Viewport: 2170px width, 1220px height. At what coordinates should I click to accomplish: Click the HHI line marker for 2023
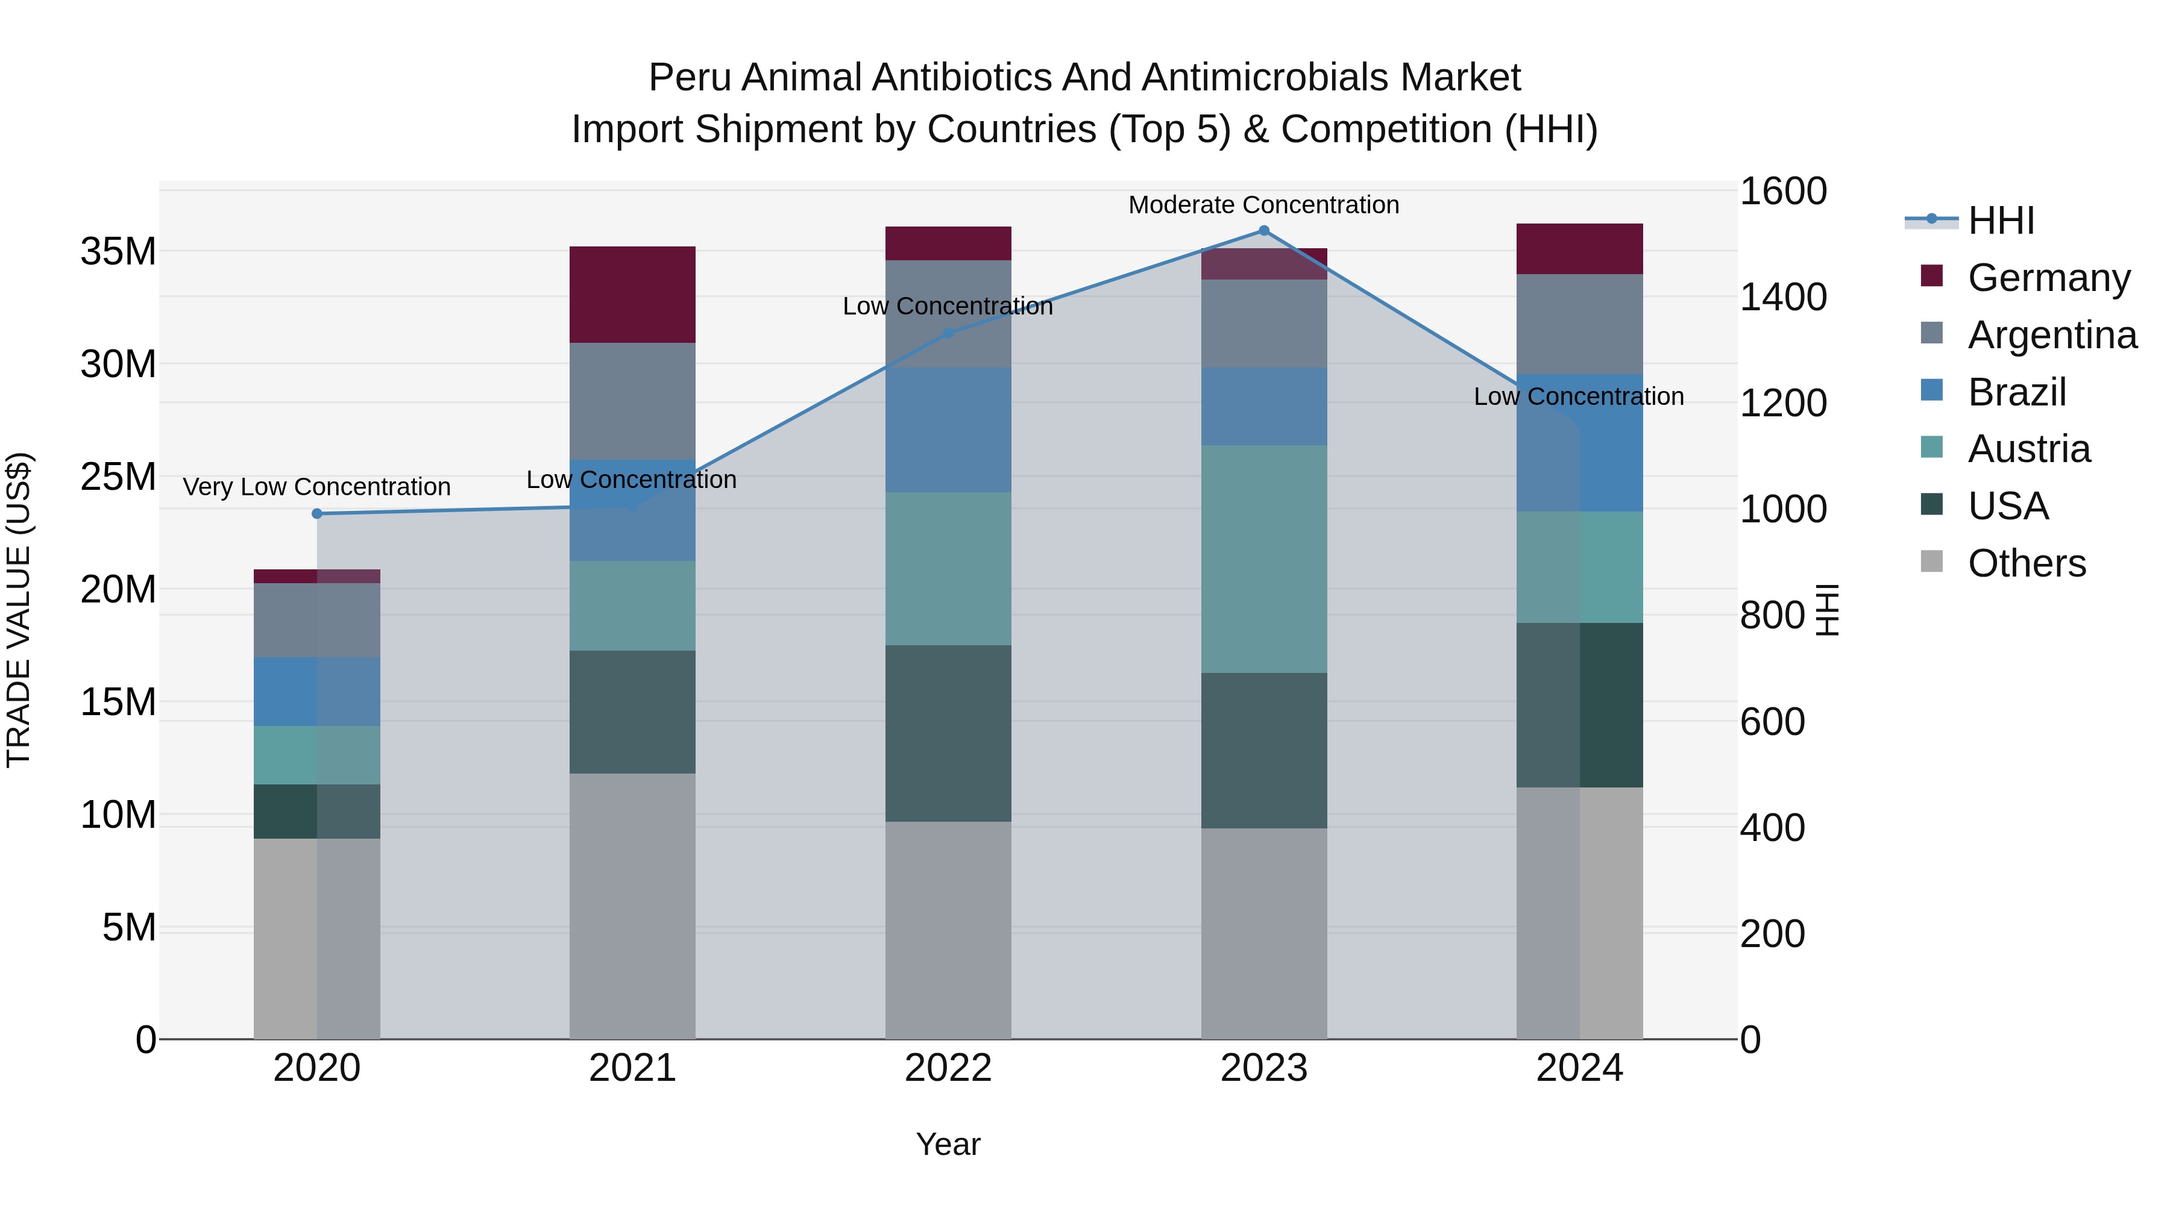coord(1263,231)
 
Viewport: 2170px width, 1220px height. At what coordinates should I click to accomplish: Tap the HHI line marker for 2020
coord(316,513)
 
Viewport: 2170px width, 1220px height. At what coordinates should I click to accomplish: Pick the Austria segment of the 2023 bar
coord(1263,559)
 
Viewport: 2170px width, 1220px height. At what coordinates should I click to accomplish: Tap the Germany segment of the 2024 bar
coord(1579,249)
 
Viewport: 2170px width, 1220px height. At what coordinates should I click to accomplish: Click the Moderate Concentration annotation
coord(1263,205)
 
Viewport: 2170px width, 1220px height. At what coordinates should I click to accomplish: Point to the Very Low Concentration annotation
coord(316,487)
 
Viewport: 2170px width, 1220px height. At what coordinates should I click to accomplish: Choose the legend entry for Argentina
coord(2052,335)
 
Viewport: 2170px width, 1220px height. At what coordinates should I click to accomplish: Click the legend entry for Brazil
coord(2017,392)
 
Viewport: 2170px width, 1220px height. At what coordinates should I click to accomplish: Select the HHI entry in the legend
coord(2001,221)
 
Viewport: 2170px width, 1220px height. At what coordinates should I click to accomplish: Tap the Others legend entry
coord(2027,563)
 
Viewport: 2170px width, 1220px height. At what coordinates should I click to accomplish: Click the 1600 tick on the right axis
coord(1782,191)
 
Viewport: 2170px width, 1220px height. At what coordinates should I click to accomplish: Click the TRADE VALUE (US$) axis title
coord(19,610)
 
